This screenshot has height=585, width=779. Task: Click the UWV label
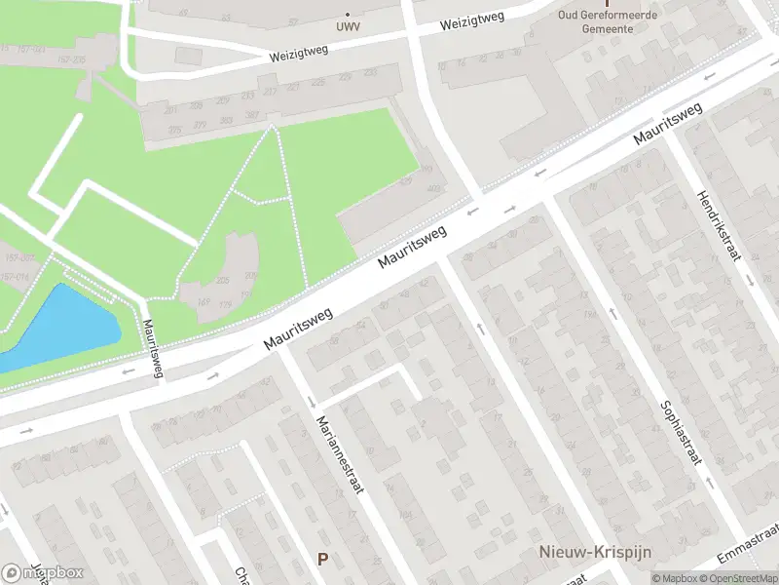point(347,27)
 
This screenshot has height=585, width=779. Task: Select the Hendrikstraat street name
point(719,223)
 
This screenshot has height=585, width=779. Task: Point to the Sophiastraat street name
point(680,435)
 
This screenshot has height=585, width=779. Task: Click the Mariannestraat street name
point(340,454)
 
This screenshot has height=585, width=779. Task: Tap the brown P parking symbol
point(322,560)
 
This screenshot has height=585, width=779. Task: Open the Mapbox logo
point(43,572)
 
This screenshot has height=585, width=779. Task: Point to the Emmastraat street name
point(747,544)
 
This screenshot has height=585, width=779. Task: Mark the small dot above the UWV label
point(348,15)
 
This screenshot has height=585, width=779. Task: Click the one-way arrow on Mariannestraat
point(312,402)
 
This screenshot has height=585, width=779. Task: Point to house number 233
point(246,96)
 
